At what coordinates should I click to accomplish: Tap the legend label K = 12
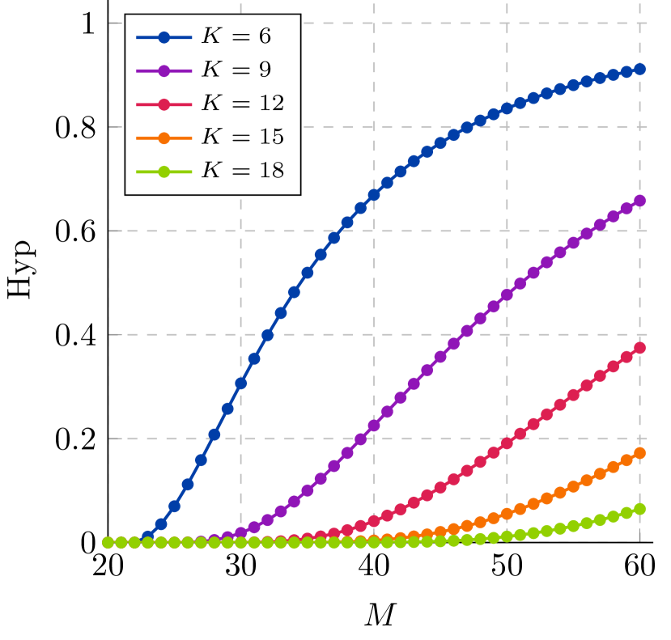click(x=242, y=104)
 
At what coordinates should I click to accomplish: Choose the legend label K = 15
click(x=242, y=138)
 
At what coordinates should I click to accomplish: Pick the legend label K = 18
click(x=242, y=171)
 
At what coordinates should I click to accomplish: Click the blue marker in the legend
click(x=164, y=37)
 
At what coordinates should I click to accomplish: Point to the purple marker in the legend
click(x=164, y=70)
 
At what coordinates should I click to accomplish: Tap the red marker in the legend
click(x=164, y=104)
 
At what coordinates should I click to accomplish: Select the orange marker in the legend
click(x=164, y=138)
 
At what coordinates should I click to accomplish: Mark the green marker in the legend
click(x=164, y=172)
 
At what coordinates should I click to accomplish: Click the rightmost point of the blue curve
click(x=639, y=70)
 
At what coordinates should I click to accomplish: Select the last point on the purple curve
click(x=639, y=201)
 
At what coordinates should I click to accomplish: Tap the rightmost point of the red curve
click(x=639, y=348)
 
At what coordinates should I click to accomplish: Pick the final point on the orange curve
click(x=639, y=453)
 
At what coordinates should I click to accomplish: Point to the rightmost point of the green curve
click(x=639, y=509)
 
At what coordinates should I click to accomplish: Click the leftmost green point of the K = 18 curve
click(x=108, y=542)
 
